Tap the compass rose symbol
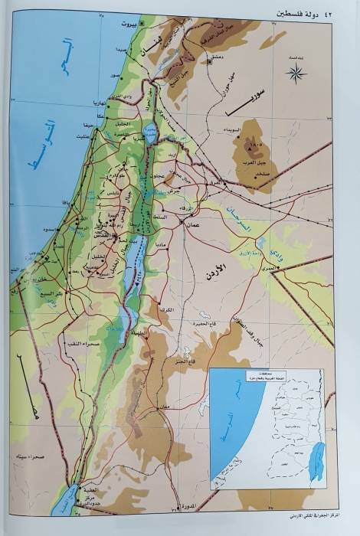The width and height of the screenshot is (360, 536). pyautogui.click(x=296, y=74)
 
